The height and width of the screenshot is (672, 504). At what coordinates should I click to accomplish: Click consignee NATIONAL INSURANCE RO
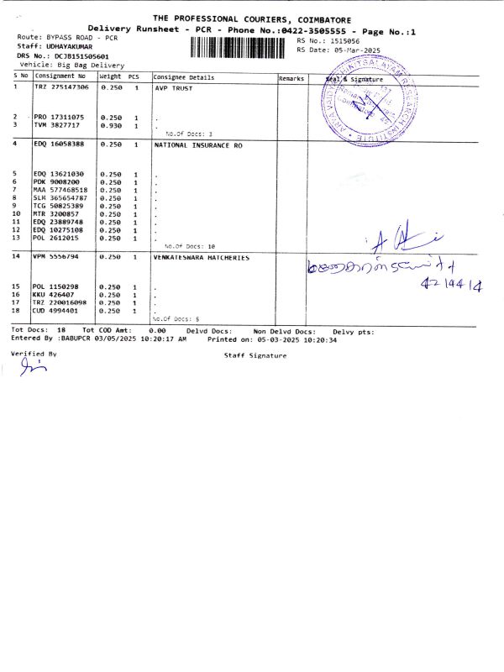point(198,144)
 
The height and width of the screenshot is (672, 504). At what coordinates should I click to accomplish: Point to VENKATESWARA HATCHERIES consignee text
point(202,257)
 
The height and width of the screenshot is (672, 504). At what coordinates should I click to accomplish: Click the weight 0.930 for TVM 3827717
point(111,125)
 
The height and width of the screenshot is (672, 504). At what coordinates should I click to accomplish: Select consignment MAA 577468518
point(65,190)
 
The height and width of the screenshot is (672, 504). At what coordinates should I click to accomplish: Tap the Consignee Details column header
point(184,77)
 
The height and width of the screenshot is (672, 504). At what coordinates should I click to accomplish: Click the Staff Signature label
point(255,355)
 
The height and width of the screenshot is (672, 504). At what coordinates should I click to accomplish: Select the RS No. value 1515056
point(343,39)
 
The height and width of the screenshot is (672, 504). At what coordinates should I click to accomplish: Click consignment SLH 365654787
point(65,197)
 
